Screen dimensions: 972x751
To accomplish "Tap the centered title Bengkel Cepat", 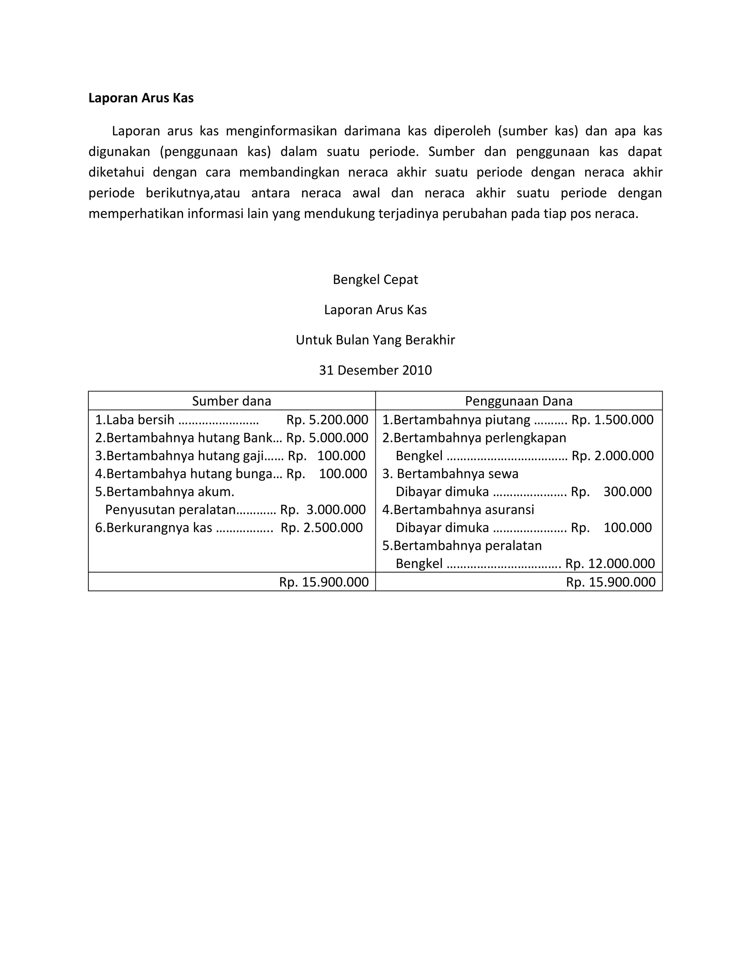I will point(375,279).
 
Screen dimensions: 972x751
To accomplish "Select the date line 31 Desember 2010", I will point(375,370).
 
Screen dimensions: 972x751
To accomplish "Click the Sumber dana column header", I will point(231,401).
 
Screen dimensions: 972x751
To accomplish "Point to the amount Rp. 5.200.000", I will point(327,420).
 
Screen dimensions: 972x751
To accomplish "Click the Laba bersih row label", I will point(140,420).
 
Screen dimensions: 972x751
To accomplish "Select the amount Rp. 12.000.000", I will point(609,563).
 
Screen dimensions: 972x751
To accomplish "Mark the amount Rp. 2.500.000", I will point(321,527).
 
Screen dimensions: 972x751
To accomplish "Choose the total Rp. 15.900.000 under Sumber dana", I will point(323,582).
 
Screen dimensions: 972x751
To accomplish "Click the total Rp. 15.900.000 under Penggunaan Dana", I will point(611,582).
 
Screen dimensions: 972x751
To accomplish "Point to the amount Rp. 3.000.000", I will point(323,509).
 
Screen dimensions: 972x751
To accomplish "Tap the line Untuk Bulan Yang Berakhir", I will point(375,340).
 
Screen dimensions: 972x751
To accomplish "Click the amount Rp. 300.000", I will point(611,492).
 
